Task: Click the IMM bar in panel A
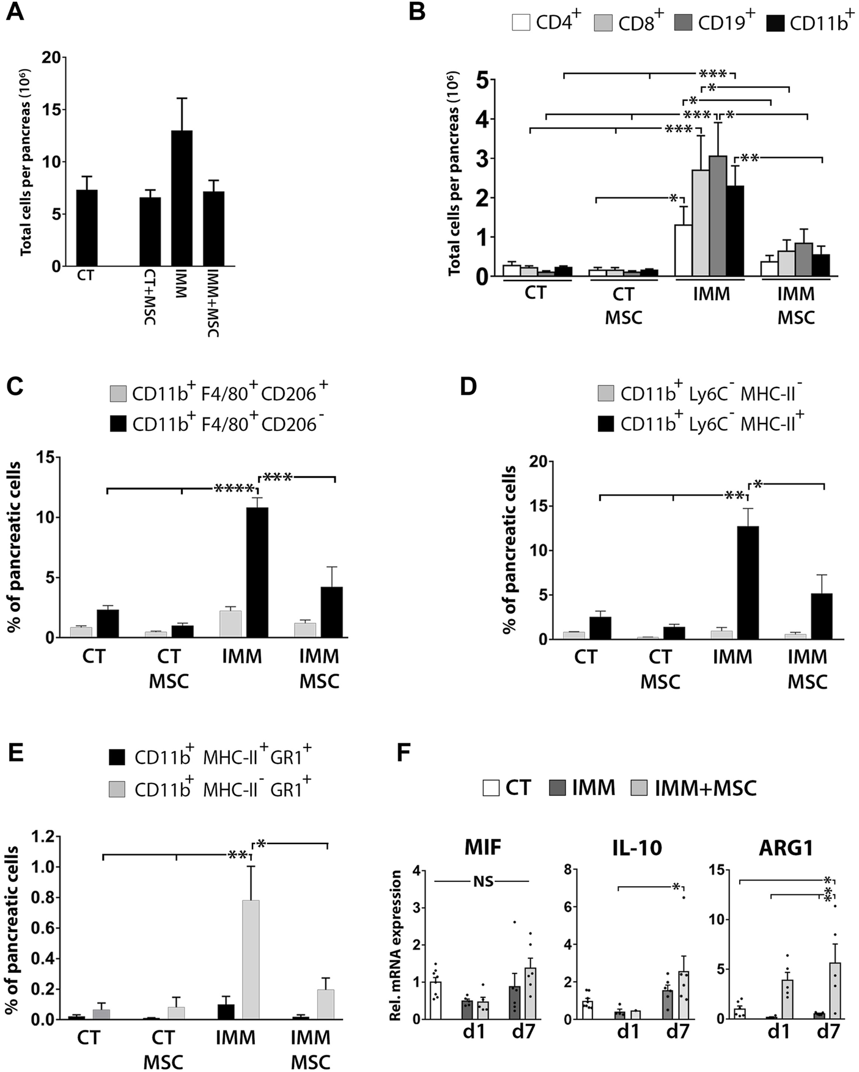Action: (x=182, y=199)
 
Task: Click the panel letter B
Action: (x=417, y=12)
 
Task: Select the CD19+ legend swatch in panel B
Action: (x=682, y=23)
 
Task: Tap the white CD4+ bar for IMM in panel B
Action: (x=683, y=251)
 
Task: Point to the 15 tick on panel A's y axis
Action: (x=54, y=110)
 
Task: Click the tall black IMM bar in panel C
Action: (x=257, y=573)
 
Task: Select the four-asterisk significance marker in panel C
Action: (x=234, y=488)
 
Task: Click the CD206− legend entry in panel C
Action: (x=224, y=424)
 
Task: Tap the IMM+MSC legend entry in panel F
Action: (x=705, y=788)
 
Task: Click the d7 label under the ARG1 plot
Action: (x=828, y=1032)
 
